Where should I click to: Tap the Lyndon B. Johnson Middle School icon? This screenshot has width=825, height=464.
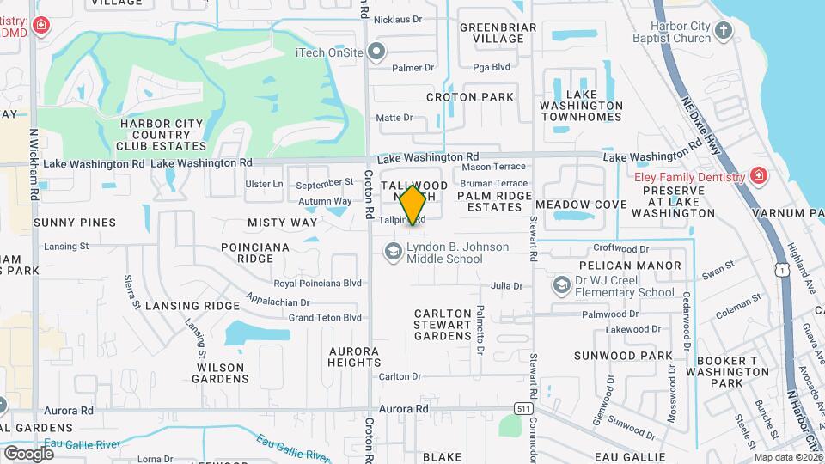coord(394,251)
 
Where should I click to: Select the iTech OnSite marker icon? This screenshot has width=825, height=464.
coord(377,52)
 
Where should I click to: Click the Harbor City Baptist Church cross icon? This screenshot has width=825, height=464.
coord(724,32)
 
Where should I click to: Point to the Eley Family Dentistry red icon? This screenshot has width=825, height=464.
coord(757,177)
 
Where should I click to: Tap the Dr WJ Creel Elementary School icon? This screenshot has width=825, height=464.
coord(562,284)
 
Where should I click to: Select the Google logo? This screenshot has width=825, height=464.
coord(28,453)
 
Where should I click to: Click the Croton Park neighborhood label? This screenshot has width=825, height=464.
coord(475,97)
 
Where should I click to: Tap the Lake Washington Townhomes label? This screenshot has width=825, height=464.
coord(582,105)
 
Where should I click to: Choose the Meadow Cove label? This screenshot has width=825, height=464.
coord(581,205)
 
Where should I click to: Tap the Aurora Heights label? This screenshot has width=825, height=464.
coord(353,357)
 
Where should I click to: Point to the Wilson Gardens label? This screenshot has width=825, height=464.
coord(221,372)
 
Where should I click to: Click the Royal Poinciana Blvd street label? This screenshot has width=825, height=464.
coord(317,283)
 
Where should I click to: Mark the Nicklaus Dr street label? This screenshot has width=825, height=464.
coord(401,19)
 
